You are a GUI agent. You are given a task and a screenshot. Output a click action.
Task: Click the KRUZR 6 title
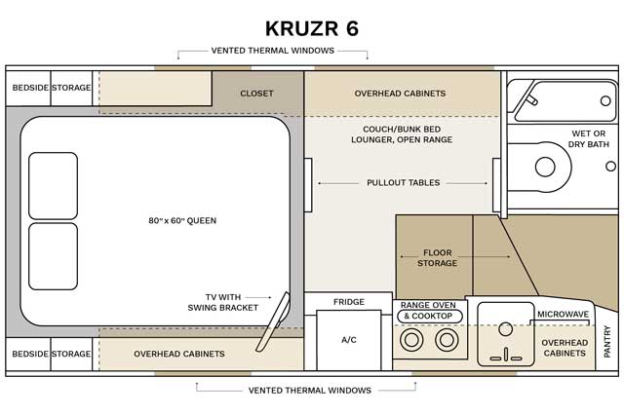tap(312, 28)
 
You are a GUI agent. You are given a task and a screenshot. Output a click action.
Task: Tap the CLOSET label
tap(256, 94)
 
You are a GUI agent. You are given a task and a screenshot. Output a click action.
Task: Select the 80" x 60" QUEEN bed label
tap(182, 220)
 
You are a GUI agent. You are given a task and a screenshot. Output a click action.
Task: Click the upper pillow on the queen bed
tap(53, 186)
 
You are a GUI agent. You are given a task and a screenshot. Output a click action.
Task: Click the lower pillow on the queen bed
tap(53, 256)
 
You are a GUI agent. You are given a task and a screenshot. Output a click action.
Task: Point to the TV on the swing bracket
tap(273, 322)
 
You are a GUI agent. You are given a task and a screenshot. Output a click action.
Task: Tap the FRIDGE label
tap(349, 302)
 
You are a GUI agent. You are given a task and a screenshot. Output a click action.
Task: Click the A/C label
tap(349, 340)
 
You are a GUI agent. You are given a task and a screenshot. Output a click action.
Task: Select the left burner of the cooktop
tap(411, 340)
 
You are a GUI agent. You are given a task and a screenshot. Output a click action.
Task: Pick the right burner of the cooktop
tap(447, 340)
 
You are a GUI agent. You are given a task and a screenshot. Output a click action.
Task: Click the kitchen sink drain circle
tap(505, 328)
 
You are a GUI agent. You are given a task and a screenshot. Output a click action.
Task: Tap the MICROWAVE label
tap(563, 315)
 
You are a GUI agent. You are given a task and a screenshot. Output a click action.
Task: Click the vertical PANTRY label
tap(606, 342)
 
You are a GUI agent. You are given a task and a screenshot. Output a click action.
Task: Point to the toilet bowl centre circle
tap(545, 167)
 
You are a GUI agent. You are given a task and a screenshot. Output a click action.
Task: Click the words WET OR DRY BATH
tap(588, 138)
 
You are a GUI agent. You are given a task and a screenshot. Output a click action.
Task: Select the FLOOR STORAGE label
tap(437, 258)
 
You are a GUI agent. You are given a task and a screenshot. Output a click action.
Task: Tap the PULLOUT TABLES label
tap(403, 183)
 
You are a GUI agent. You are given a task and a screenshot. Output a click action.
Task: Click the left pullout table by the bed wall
tap(308, 185)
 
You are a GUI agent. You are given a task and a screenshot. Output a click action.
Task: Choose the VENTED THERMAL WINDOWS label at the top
tap(273, 51)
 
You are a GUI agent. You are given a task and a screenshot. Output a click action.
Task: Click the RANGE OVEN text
tap(428, 305)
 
